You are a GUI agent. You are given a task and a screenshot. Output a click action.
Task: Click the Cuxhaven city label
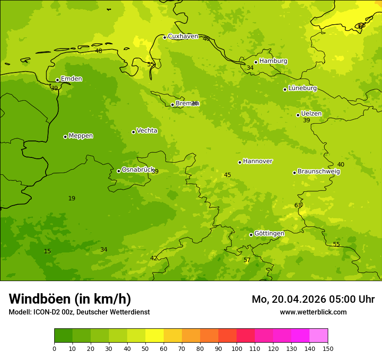(183, 36)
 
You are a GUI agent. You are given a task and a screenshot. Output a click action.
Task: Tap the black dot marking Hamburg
(256, 62)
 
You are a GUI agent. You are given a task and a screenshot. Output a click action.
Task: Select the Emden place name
(71, 79)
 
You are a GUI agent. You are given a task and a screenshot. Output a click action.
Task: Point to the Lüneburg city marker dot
(285, 89)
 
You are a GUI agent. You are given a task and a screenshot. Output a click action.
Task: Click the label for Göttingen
(269, 234)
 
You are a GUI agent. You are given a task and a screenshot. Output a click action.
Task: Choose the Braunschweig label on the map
(319, 172)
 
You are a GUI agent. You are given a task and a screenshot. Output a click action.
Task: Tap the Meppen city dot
(65, 137)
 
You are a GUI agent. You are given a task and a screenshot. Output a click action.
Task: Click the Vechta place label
(147, 131)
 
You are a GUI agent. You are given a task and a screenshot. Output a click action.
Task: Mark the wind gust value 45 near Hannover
(227, 175)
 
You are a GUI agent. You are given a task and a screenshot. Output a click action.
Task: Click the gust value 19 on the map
(72, 199)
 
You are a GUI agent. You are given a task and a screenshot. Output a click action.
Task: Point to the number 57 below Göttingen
(247, 260)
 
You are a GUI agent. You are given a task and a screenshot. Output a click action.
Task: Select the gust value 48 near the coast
(99, 51)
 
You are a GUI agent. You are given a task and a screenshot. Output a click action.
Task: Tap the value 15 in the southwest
(47, 252)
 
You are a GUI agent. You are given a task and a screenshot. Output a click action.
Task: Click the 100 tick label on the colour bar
(237, 348)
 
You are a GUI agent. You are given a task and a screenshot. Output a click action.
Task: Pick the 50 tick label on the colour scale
(145, 348)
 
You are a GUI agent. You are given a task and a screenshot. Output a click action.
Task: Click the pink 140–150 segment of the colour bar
(319, 336)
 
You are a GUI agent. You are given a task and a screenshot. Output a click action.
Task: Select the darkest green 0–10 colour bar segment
(63, 336)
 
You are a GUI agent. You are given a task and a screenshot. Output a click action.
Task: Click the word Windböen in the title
(40, 299)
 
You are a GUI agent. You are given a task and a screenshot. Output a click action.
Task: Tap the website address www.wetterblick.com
(313, 312)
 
